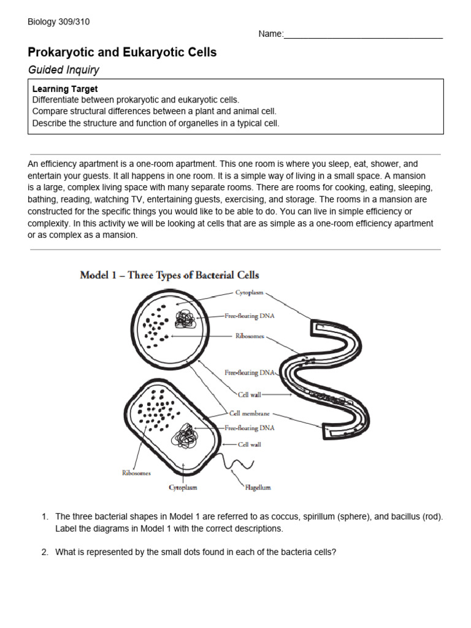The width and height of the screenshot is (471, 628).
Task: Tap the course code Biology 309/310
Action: [x=59, y=22]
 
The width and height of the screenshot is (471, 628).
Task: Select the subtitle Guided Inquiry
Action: [x=63, y=70]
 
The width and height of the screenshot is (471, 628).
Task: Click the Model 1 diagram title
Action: [x=170, y=275]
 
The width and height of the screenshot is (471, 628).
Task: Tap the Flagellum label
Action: [x=258, y=488]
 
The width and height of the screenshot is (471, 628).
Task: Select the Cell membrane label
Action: [x=249, y=413]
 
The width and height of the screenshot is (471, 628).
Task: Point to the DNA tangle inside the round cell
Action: [x=185, y=319]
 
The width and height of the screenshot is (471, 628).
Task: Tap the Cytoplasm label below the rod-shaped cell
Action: [x=183, y=488]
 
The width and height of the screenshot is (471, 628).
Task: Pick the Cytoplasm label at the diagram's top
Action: [x=249, y=293]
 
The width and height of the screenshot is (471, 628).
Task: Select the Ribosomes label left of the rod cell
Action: [x=136, y=473]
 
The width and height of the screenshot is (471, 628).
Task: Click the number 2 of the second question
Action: [x=45, y=552]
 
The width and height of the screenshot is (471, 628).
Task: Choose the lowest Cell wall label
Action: [x=250, y=444]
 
